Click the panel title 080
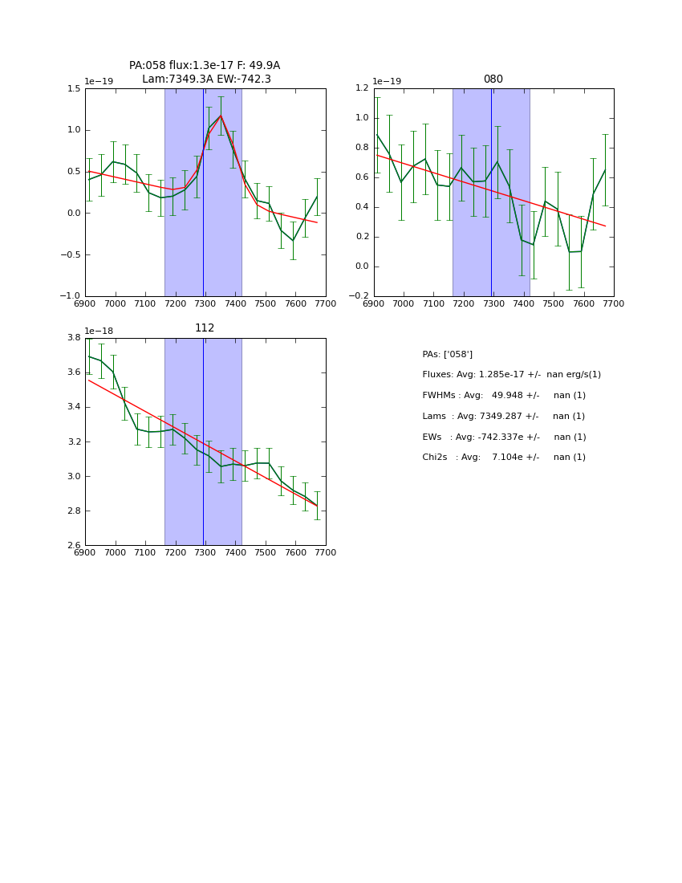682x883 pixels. [x=493, y=79]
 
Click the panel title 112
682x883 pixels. [x=205, y=328]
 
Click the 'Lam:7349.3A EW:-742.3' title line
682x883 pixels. [x=206, y=79]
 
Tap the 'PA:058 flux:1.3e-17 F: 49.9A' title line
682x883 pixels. [x=205, y=66]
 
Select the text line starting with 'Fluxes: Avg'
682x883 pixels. [x=511, y=375]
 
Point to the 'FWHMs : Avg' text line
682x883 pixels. [x=504, y=396]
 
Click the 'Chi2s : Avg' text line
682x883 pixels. [x=504, y=458]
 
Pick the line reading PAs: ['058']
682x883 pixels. [x=447, y=354]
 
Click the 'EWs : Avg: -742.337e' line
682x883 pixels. [x=504, y=437]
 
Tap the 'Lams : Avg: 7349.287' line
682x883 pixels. [x=503, y=417]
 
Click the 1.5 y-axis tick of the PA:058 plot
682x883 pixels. [x=73, y=89]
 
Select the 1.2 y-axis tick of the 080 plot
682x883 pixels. [x=361, y=89]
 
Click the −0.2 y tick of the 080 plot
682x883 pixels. [x=358, y=296]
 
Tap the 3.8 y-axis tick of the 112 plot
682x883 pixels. [x=73, y=338]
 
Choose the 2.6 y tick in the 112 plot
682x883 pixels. [x=73, y=546]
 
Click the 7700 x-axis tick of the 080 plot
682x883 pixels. [x=614, y=304]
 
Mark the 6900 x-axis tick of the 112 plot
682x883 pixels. [x=85, y=553]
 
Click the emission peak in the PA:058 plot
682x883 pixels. [x=221, y=116]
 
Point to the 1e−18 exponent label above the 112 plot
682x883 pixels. [x=99, y=331]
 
